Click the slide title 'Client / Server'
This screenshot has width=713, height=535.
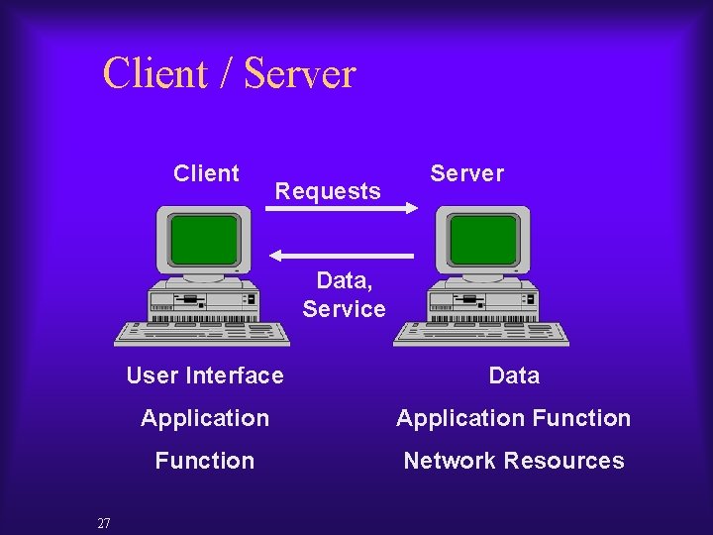[x=229, y=74]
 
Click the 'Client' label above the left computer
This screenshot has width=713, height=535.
[x=206, y=173]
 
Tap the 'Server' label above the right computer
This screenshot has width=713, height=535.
[x=466, y=173]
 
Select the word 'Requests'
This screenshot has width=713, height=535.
[x=328, y=191]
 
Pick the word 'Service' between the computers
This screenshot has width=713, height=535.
[x=344, y=309]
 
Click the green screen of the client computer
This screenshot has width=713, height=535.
[x=204, y=239]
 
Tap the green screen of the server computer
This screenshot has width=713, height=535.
[x=484, y=239]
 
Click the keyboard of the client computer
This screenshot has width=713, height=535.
[x=203, y=332]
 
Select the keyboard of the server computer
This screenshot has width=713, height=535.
[x=482, y=332]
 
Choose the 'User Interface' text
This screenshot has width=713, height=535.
[x=205, y=375]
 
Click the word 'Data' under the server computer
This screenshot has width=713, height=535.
[x=514, y=375]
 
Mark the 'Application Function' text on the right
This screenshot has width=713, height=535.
[x=513, y=418]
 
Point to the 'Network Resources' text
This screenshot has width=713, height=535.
[x=513, y=461]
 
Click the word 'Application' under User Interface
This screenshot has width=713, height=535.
[x=205, y=418]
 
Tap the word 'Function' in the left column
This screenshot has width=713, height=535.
[x=205, y=461]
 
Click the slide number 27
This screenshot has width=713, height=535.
[x=104, y=523]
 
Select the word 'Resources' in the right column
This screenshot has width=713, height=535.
[x=563, y=461]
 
